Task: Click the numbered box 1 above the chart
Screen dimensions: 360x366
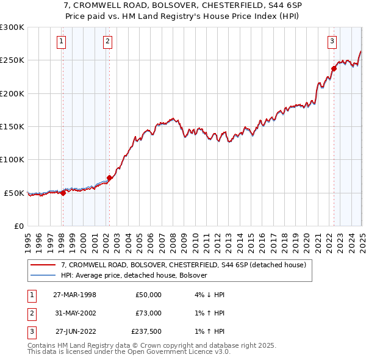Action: [62, 41]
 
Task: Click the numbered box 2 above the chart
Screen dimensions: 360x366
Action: [107, 41]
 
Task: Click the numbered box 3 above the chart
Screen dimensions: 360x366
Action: [332, 41]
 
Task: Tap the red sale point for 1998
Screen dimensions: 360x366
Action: [63, 193]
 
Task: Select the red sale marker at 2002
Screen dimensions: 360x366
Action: [110, 178]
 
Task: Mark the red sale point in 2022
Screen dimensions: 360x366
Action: [334, 68]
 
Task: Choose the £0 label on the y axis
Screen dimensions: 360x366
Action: [18, 226]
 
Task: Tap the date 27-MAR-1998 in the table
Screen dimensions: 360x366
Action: [74, 295]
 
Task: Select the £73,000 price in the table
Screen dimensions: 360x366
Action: [148, 314]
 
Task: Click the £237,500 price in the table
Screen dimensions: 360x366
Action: [146, 333]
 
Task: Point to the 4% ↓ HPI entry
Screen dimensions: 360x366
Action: [207, 295]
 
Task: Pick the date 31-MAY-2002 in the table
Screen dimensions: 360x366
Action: [74, 314]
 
